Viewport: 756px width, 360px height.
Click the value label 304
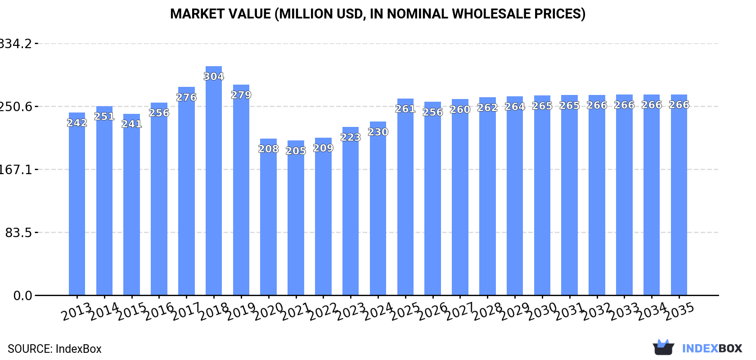click(x=214, y=76)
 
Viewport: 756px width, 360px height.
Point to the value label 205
click(x=296, y=151)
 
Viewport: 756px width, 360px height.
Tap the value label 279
click(x=241, y=95)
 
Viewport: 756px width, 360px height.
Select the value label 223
click(x=351, y=137)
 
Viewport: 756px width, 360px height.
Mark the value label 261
click(x=405, y=109)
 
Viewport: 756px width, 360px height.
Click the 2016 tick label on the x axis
click(x=160, y=311)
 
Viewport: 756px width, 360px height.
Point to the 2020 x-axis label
click(x=269, y=311)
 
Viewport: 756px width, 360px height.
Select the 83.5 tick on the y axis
click(x=18, y=233)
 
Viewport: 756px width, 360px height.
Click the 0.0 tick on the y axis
click(x=22, y=296)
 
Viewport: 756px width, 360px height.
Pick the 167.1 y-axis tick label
click(x=16, y=170)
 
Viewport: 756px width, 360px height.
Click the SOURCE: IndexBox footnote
click(x=54, y=349)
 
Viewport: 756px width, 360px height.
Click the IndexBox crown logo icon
click(x=663, y=347)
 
